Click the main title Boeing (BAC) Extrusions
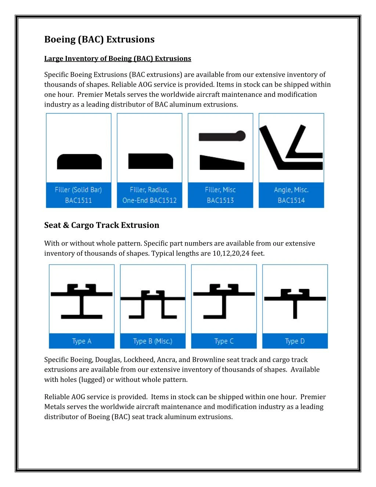99,39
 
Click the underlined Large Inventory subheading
117,58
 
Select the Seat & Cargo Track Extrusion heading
102,225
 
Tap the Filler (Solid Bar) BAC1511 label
78,195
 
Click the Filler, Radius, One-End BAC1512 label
149,195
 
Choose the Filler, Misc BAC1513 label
220,195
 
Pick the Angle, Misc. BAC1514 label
291,195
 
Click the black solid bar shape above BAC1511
79,162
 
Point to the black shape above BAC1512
150,161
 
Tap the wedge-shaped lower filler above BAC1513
221,162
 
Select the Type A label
82,341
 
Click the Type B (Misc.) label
153,341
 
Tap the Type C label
224,341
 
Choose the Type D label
295,341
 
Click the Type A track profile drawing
82,301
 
